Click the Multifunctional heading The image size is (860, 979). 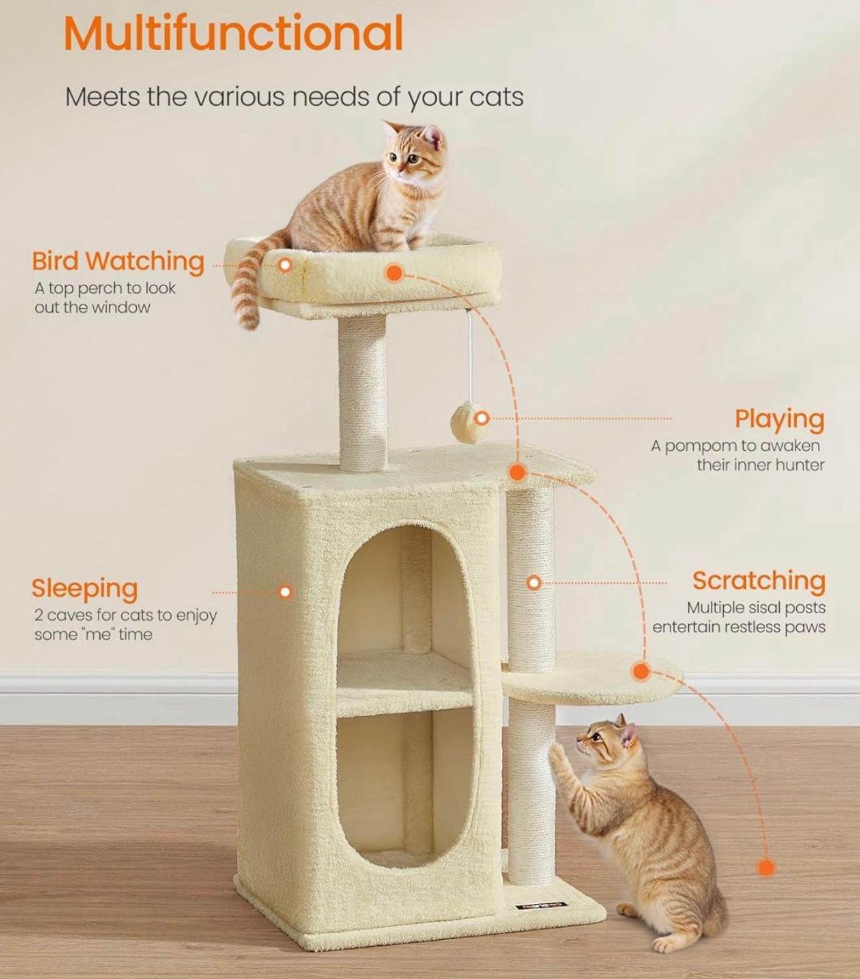[233, 33]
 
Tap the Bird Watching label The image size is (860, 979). [118, 261]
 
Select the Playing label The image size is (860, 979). [779, 419]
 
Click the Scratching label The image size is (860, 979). [759, 580]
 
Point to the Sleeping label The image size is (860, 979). [85, 588]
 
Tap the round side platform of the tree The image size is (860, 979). [592, 680]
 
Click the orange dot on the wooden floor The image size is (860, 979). [766, 868]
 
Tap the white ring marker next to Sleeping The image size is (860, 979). [286, 591]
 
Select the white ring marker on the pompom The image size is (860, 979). [481, 419]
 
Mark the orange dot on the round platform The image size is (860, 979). [640, 671]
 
